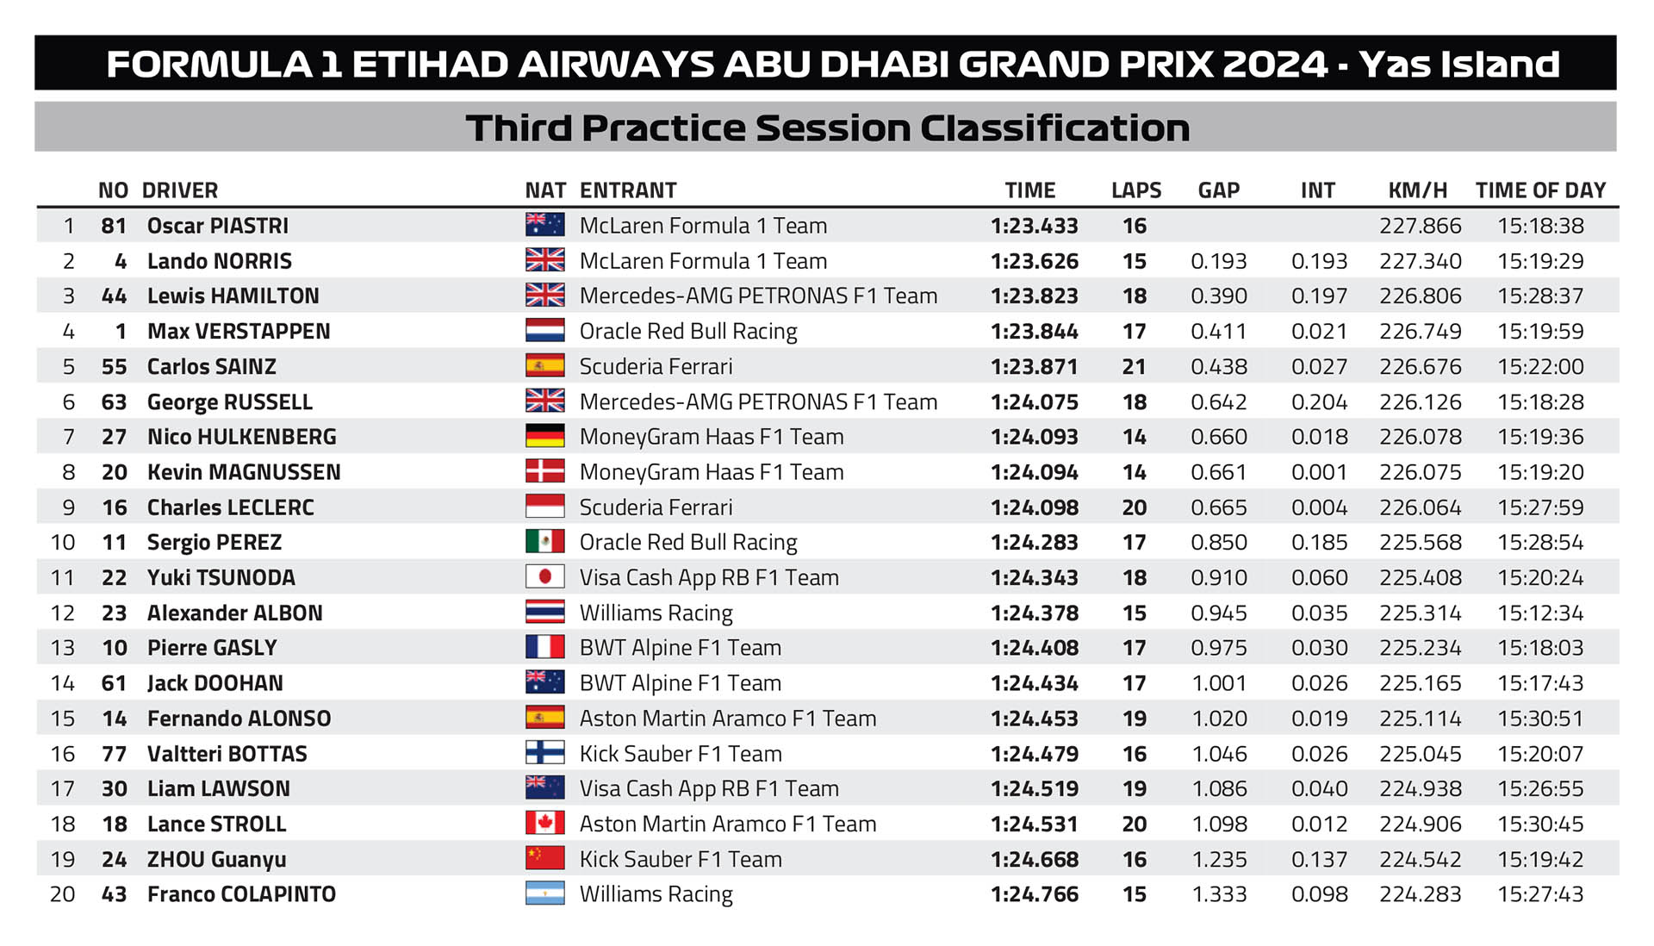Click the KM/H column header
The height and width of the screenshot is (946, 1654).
tap(1417, 190)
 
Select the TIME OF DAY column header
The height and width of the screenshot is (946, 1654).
tap(1540, 190)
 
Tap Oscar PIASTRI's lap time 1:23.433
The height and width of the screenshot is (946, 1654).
tap(1034, 226)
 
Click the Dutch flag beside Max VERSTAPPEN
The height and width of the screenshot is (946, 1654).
tap(544, 331)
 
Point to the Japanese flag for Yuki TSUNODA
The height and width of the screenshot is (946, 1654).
tap(544, 577)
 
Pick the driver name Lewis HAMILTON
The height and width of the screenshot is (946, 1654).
tap(233, 296)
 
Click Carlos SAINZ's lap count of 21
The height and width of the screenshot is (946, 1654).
tap(1134, 367)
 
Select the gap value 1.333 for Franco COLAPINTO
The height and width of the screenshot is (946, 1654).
tap(1219, 894)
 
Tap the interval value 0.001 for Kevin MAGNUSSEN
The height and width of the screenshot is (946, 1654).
tap(1319, 472)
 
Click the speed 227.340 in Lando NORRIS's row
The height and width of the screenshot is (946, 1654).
tap(1420, 261)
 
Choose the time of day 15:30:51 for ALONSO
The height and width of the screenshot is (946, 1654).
tap(1540, 719)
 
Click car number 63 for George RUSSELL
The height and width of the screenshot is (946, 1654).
tap(114, 402)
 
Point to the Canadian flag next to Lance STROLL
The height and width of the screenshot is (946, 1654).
tap(544, 824)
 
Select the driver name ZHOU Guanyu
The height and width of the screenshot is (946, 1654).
tap(216, 860)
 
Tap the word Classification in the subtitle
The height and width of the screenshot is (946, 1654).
tap(1054, 128)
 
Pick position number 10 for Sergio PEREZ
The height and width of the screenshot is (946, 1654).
tap(63, 543)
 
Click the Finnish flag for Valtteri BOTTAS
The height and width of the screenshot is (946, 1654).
tap(544, 753)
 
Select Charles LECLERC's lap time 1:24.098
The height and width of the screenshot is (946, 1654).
tap(1034, 507)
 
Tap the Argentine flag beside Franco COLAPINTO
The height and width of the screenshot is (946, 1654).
tap(544, 894)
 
